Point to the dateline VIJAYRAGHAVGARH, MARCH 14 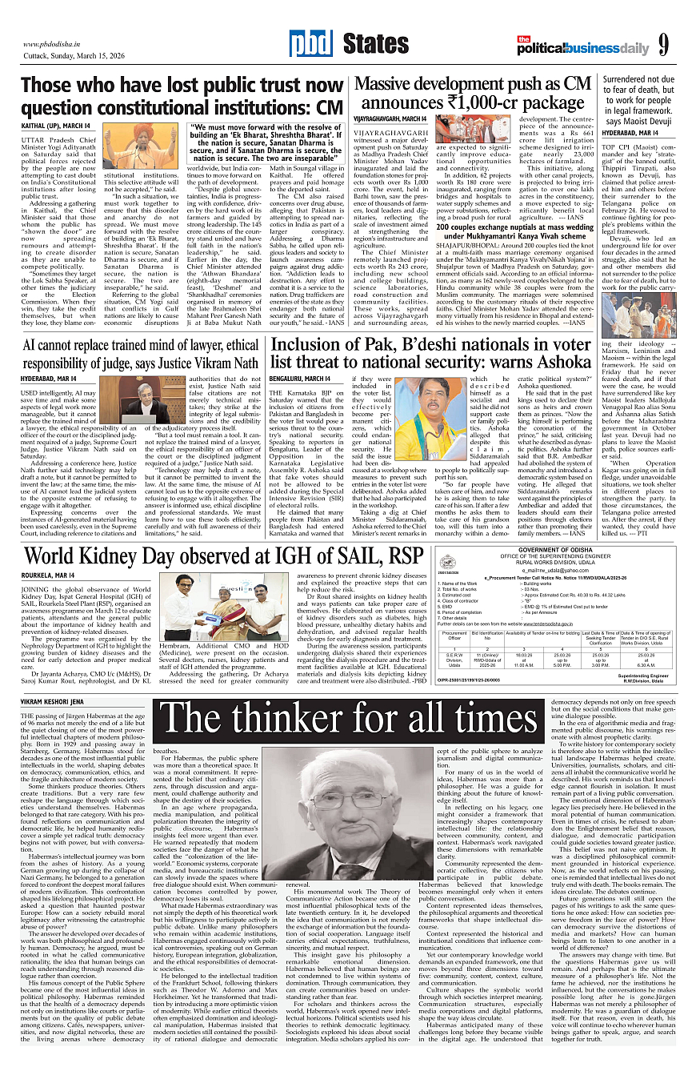(x=391, y=118)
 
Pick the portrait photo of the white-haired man (x=352, y=812)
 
